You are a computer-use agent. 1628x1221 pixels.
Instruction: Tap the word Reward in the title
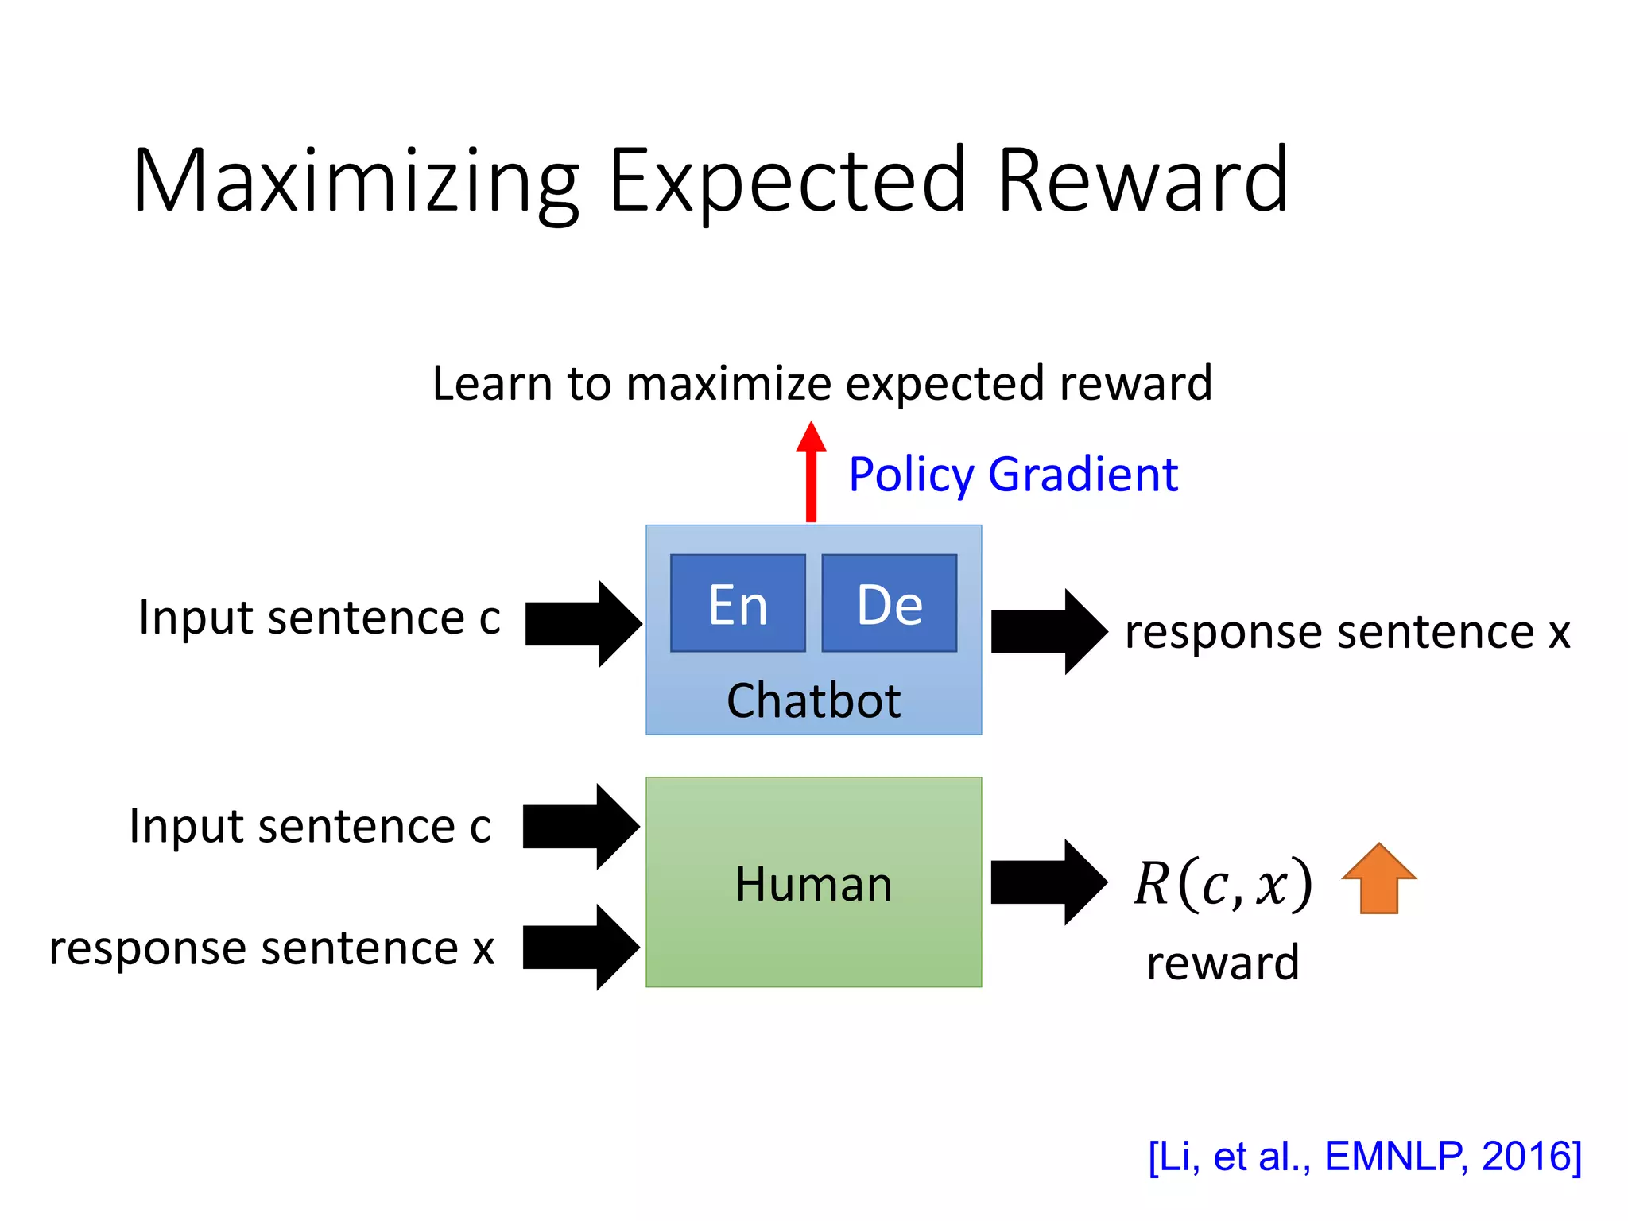1142,181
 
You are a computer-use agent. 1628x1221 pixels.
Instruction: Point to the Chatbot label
813,701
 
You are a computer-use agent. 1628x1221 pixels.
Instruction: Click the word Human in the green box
813,884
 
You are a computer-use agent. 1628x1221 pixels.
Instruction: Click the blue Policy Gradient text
1013,475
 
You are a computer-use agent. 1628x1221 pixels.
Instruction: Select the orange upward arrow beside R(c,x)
1378,879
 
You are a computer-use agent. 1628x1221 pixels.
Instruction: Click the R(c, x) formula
1223,884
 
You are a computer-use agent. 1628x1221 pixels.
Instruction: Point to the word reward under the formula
1223,963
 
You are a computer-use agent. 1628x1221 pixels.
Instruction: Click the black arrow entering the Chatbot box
583,624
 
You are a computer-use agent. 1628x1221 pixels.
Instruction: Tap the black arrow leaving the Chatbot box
1049,632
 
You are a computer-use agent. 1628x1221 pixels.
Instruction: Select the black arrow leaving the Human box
1049,882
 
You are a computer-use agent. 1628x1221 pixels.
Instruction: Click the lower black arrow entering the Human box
580,947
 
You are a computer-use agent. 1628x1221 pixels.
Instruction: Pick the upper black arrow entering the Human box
580,827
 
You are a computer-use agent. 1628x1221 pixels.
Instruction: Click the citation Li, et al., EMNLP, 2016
1365,1156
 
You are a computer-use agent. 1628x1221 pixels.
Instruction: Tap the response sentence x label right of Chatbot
1347,633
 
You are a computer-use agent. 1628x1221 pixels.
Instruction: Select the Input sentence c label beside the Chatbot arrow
320,618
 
